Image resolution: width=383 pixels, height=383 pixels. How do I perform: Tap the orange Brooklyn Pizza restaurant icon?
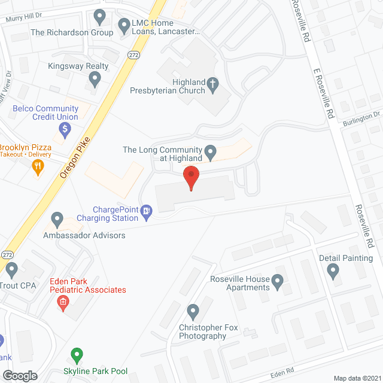38,167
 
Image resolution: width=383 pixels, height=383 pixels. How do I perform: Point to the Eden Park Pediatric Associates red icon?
62,303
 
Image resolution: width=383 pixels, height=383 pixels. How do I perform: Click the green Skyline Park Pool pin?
77,355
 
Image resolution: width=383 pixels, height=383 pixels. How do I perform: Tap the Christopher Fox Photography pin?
193,311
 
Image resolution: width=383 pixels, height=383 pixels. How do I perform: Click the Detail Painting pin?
334,272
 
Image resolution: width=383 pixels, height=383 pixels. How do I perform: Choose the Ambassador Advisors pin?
57,220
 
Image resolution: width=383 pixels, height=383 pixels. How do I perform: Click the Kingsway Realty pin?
95,78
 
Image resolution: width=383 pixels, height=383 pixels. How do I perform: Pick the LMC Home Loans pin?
124,25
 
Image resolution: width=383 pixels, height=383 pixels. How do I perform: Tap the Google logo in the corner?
19,375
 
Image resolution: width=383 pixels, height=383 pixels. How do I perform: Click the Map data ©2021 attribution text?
356,378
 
